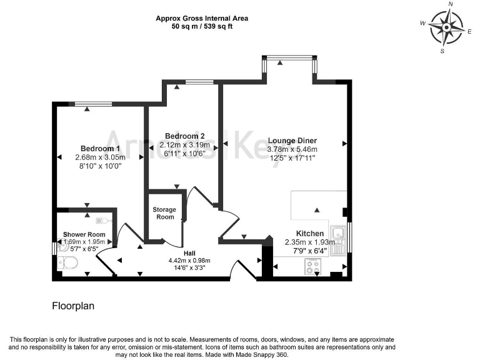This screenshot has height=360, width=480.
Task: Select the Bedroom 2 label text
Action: click(x=184, y=136)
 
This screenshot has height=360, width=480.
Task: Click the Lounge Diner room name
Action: click(x=292, y=141)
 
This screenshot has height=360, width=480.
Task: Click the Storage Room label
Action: click(x=164, y=213)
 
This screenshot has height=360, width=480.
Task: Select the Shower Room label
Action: click(x=83, y=234)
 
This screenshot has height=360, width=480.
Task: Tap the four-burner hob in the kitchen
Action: click(x=312, y=267)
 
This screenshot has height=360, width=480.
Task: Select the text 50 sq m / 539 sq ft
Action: click(x=202, y=27)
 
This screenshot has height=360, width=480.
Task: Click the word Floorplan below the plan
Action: click(x=72, y=307)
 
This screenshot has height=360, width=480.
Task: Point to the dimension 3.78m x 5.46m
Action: click(x=292, y=149)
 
